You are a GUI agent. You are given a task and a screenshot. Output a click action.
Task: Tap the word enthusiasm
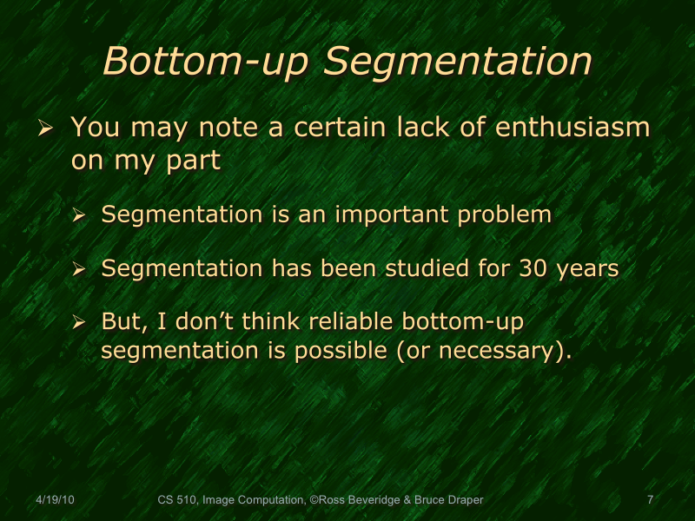tap(573, 128)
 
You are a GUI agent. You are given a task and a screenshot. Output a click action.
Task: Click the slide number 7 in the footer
tap(650, 500)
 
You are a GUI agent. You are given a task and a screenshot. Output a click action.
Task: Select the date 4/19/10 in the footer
tap(55, 500)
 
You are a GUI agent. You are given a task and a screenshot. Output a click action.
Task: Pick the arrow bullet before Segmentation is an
tap(79, 215)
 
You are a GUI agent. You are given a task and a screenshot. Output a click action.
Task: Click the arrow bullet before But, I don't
tap(79, 323)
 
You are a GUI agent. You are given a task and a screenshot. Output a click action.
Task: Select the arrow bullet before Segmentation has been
tap(79, 269)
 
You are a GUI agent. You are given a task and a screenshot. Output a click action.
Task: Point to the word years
tap(590, 269)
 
